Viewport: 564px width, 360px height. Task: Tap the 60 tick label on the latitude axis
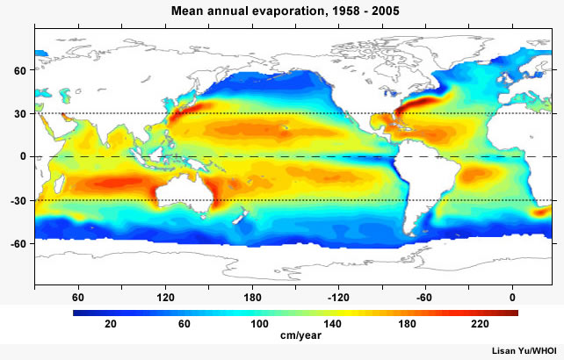point(18,70)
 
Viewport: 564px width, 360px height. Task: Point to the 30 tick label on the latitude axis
point(18,113)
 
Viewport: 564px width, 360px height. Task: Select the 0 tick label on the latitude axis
point(21,156)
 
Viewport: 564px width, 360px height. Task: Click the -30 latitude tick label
point(17,199)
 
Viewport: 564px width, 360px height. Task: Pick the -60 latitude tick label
point(17,242)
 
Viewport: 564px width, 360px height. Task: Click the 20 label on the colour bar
point(111,324)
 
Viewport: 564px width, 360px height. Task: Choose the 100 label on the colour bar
point(259,324)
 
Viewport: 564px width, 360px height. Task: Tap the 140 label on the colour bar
point(333,324)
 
